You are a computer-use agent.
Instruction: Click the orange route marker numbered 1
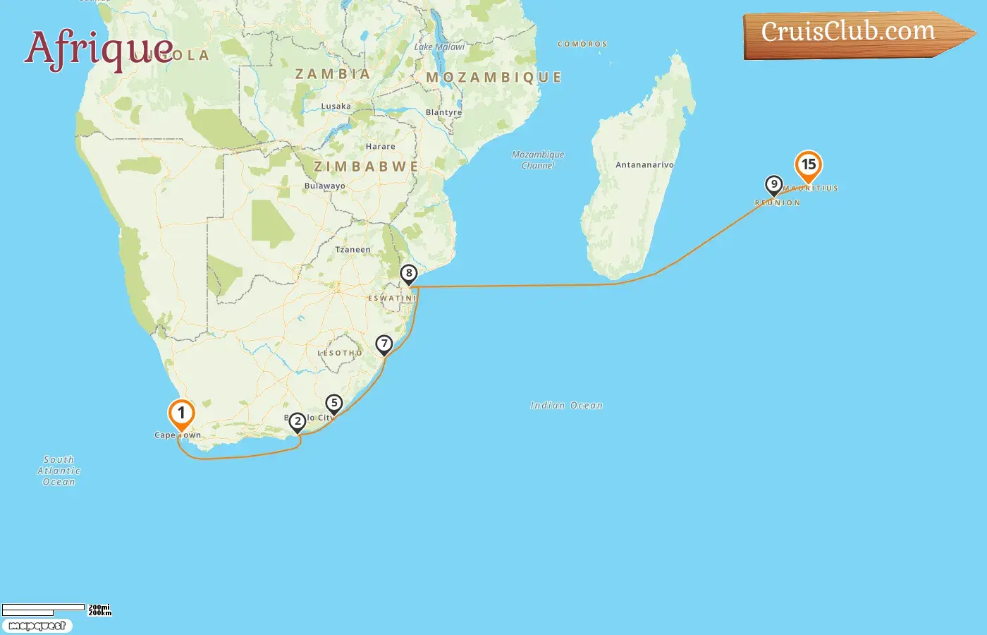pos(181,414)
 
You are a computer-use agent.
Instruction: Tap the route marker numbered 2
pos(298,422)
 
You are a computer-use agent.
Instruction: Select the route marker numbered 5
pos(334,404)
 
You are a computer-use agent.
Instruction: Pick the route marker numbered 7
pos(384,344)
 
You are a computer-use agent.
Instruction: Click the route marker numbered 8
pos(409,274)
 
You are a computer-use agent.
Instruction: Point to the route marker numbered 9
pos(774,185)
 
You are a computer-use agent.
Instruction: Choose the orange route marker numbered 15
pos(809,166)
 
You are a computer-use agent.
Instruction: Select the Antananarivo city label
pos(644,165)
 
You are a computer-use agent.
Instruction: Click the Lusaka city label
pos(336,107)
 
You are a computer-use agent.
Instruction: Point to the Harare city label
pos(381,147)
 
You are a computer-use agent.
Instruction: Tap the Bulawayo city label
pos(325,186)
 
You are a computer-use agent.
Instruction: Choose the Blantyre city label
pos(444,113)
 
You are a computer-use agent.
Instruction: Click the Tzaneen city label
pos(352,250)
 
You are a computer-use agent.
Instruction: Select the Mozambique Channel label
pos(538,160)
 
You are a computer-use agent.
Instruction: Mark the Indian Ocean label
pos(566,406)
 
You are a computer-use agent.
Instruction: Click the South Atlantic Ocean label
pos(59,471)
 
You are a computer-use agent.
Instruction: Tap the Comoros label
pos(582,44)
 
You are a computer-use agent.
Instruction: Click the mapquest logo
pos(37,626)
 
